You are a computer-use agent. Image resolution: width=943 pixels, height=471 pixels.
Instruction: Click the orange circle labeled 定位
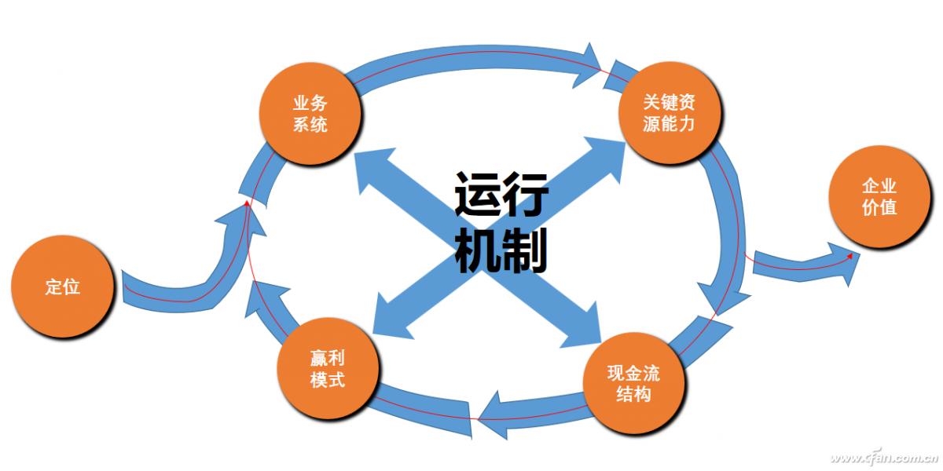(x=62, y=286)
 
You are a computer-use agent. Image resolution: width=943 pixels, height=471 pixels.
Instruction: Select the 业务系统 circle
(x=310, y=113)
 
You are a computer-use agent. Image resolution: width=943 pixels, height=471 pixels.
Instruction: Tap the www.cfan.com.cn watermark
(x=884, y=457)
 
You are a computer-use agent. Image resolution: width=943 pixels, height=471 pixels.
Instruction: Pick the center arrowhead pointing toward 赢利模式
(x=389, y=318)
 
